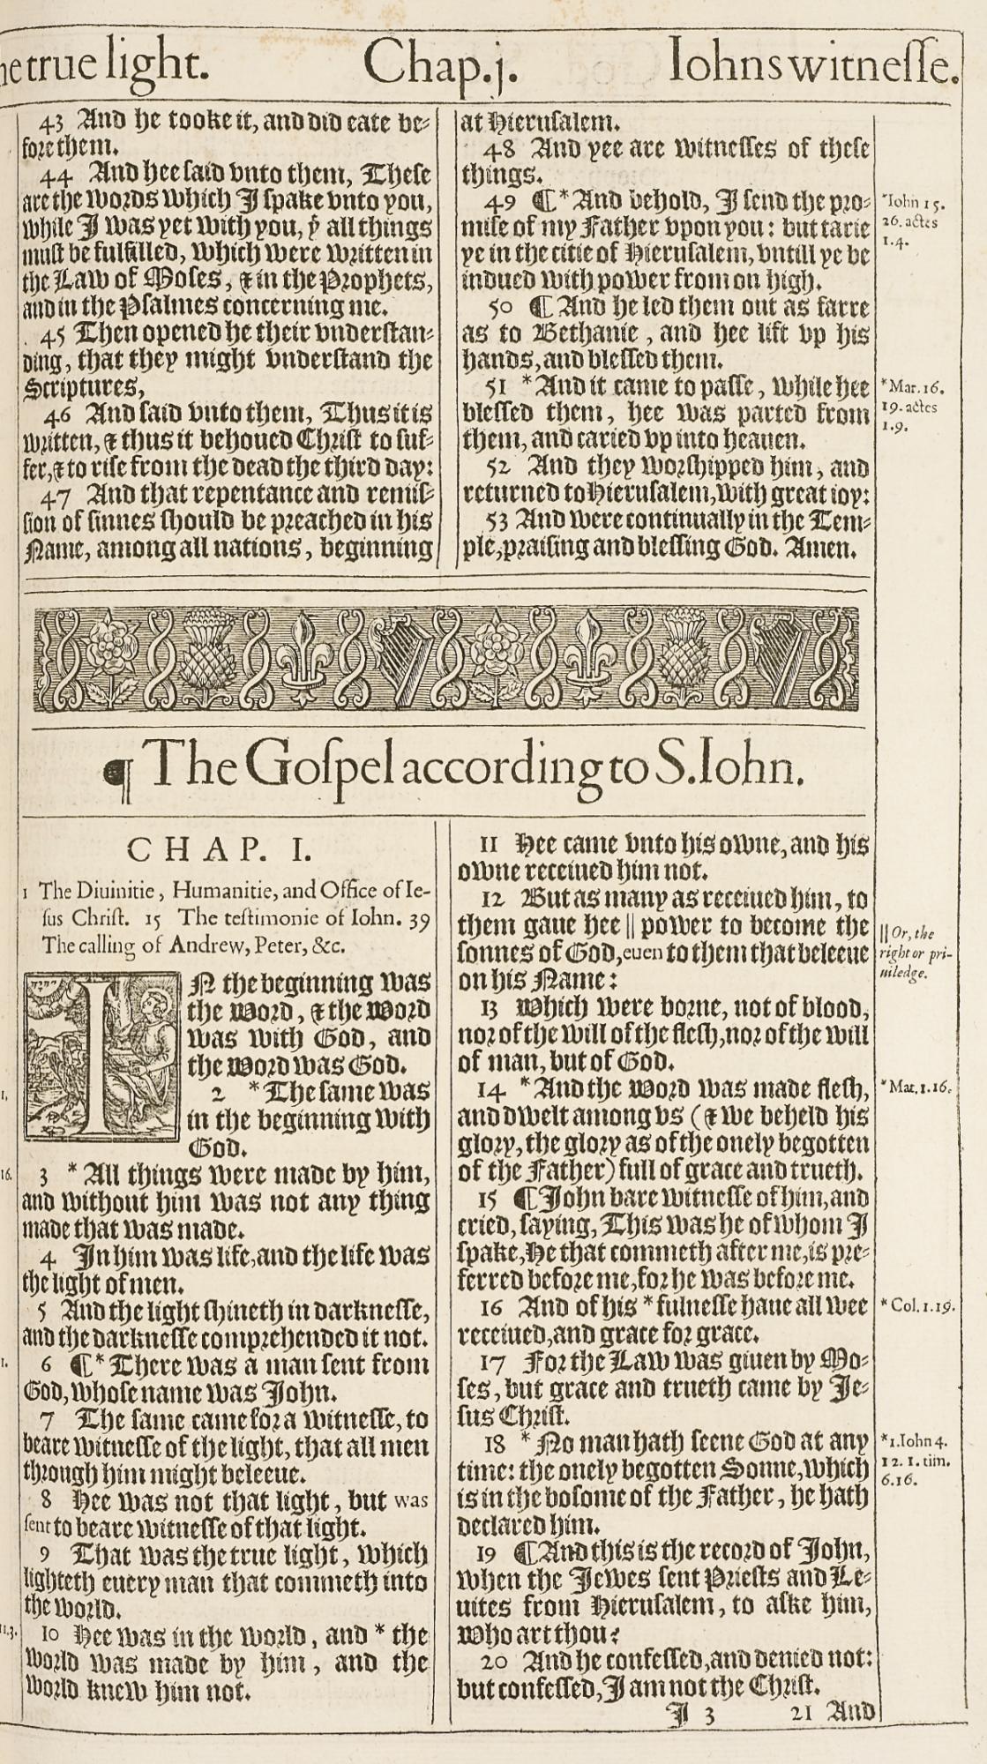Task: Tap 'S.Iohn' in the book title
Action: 729,765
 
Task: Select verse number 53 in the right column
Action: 499,520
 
